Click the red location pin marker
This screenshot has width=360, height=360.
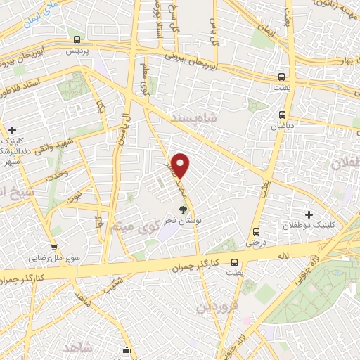click(x=181, y=165)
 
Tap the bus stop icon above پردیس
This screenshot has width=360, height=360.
click(x=77, y=40)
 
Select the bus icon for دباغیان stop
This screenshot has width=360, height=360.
click(x=282, y=115)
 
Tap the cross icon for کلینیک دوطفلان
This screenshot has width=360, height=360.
click(x=308, y=213)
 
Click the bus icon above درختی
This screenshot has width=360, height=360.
click(x=255, y=231)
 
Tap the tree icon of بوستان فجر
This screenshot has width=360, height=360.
click(x=184, y=209)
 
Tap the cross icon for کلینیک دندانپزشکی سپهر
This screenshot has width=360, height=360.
click(x=13, y=130)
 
